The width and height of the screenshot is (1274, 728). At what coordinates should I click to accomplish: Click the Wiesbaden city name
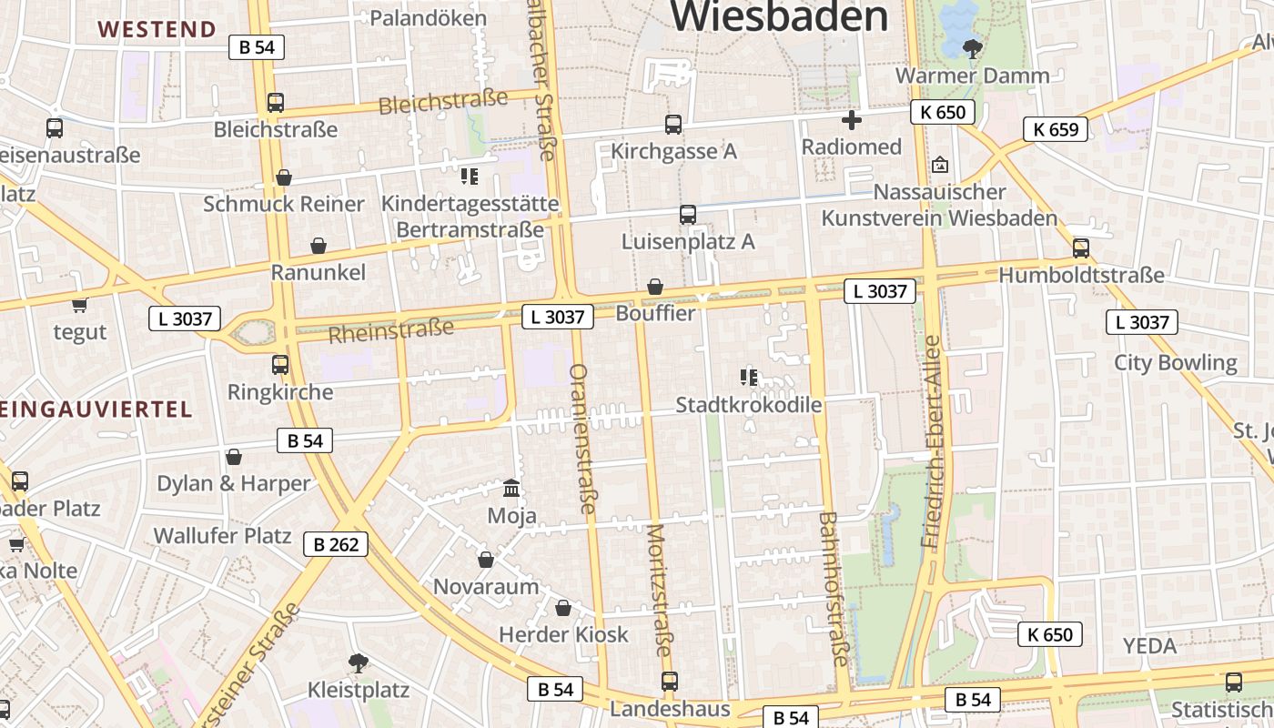(x=780, y=15)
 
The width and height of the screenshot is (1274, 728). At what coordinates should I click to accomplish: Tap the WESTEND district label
(x=157, y=29)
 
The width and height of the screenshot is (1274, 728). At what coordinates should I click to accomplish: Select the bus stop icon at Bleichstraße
(x=275, y=103)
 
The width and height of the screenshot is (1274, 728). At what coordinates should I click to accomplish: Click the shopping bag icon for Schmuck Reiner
(x=284, y=177)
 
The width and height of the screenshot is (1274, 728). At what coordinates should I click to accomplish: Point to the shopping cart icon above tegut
(x=79, y=305)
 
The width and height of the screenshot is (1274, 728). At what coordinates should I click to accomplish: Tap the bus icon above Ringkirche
(x=280, y=365)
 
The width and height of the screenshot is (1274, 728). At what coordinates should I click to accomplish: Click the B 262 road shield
(x=336, y=544)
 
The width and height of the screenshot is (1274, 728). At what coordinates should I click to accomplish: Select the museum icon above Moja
(x=511, y=489)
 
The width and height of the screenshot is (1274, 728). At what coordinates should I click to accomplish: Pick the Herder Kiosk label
(x=563, y=634)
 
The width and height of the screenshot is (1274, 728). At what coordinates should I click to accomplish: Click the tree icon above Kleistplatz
(x=359, y=662)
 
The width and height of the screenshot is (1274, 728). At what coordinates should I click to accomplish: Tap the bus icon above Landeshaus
(x=670, y=681)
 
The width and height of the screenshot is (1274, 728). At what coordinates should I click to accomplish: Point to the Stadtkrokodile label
(x=749, y=405)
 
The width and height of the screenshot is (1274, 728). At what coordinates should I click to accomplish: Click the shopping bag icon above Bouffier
(x=654, y=287)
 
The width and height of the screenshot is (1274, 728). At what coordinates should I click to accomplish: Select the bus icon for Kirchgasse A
(x=673, y=125)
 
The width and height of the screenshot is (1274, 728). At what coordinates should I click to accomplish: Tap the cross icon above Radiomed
(x=852, y=119)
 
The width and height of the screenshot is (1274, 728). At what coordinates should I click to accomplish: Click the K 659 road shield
(x=1056, y=129)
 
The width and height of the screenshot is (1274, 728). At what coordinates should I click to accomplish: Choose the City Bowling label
(x=1176, y=363)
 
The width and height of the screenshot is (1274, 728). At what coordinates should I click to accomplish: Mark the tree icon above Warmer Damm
(x=973, y=48)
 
